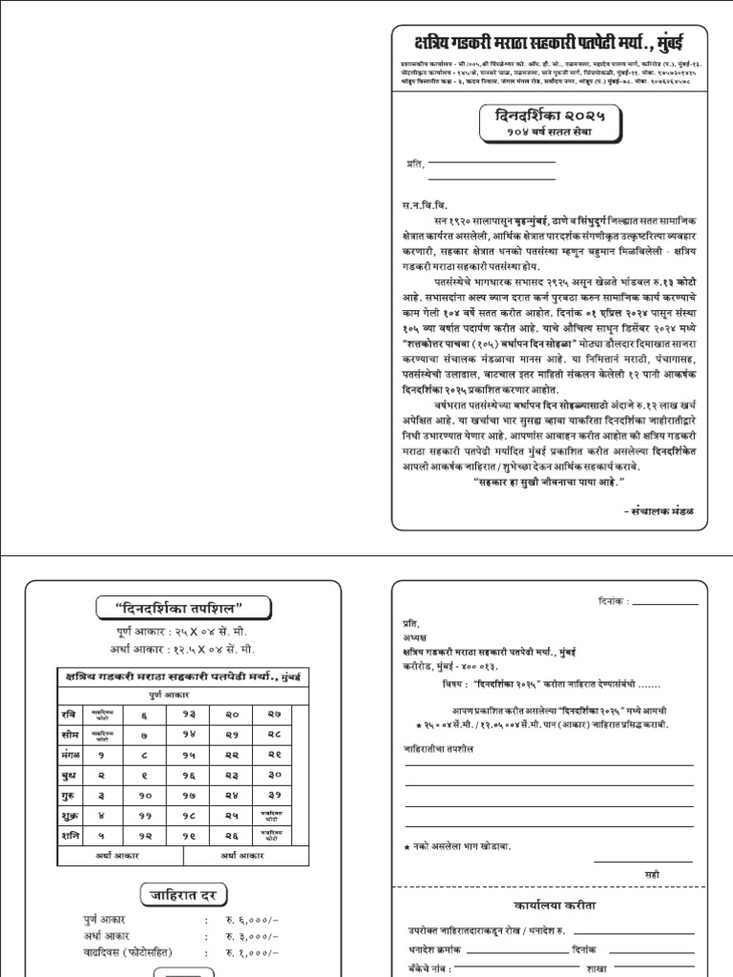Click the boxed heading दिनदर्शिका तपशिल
pyautogui.click(x=183, y=608)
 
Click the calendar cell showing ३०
pyautogui.click(x=274, y=775)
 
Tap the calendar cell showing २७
pyautogui.click(x=274, y=715)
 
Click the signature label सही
pyautogui.click(x=652, y=873)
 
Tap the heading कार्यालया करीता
pyautogui.click(x=554, y=905)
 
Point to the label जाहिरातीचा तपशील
pyautogui.click(x=439, y=749)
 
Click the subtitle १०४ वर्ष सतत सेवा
pyautogui.click(x=548, y=133)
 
